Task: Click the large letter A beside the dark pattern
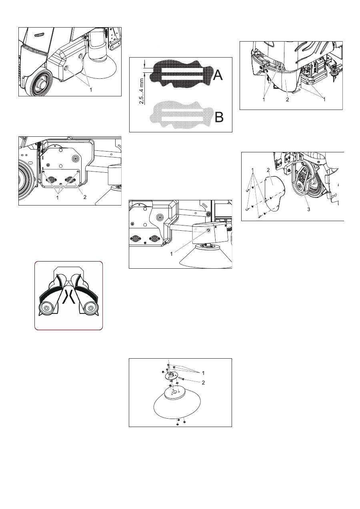tap(218, 75)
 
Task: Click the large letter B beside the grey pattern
tap(219, 117)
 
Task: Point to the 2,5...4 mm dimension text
tap(142, 91)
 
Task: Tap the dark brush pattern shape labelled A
tap(181, 74)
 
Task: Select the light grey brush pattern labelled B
tap(181, 115)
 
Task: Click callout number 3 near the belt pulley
tap(308, 209)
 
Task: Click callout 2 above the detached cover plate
tap(268, 170)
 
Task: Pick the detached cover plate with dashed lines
tap(275, 193)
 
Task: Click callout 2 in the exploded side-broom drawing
tap(203, 383)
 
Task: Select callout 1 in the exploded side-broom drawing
tap(203, 373)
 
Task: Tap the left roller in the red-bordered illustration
tap(46, 308)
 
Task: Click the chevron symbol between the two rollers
tap(68, 297)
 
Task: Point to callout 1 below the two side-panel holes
tap(91, 90)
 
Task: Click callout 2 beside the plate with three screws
tap(85, 197)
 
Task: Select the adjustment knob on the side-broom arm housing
tap(208, 230)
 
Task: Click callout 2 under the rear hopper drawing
tap(287, 100)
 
